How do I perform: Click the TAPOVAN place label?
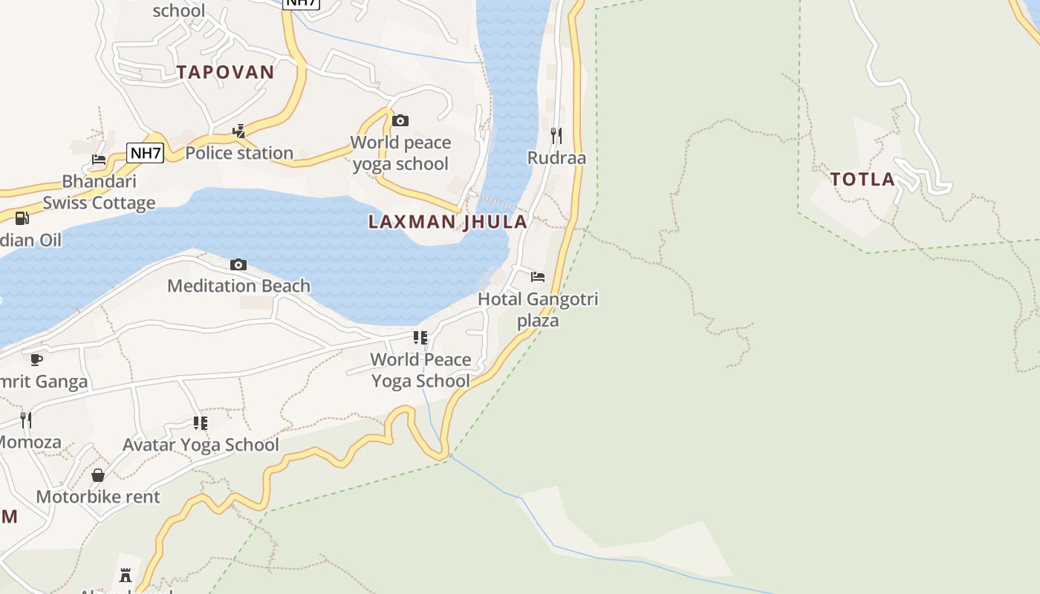pos(225,72)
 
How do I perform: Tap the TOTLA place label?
pos(862,179)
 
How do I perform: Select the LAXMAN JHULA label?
pos(447,221)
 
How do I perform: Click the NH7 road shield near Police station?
pos(145,153)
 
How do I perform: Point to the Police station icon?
pos(238,131)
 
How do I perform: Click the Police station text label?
pos(238,153)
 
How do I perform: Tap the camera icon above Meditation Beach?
pos(238,264)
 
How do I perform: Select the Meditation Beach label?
pos(238,286)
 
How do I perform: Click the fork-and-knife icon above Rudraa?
pos(556,135)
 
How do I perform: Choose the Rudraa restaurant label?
pos(556,157)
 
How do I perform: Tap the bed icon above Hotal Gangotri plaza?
pos(538,277)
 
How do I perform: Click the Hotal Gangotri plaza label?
pos(538,310)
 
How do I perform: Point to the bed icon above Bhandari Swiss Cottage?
pos(98,159)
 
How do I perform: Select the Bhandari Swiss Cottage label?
pos(99,192)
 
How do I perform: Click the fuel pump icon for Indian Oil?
pos(22,218)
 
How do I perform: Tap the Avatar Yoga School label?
pos(201,445)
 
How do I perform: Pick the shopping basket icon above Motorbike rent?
pos(98,475)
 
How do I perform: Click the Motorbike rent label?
pos(98,497)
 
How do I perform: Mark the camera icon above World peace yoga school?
pos(400,120)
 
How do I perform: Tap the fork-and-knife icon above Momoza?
pos(26,420)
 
